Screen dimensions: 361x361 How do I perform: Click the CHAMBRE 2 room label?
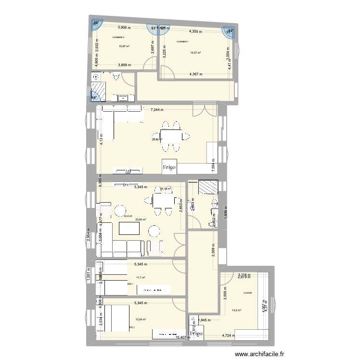(x=118, y=37)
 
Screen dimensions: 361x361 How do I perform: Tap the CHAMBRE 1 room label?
(x=183, y=42)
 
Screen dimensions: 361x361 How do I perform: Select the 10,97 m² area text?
(x=124, y=46)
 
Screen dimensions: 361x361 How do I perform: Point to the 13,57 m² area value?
(x=195, y=53)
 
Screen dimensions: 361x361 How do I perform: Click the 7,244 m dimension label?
(x=156, y=110)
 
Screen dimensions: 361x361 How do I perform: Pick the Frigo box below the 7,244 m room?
(x=169, y=167)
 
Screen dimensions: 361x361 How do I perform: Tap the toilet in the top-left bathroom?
(x=116, y=76)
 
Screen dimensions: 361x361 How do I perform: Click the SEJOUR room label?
(x=128, y=216)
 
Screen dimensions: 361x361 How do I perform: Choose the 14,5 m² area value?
(x=237, y=310)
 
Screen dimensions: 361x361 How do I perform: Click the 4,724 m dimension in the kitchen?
(x=231, y=336)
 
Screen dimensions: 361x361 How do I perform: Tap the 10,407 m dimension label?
(x=184, y=337)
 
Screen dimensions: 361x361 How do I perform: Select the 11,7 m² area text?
(x=141, y=277)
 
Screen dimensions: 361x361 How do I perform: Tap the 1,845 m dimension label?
(x=202, y=320)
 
